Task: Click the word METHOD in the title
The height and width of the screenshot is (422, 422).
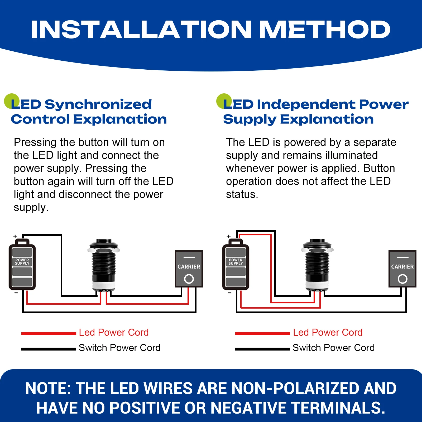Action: [325, 29]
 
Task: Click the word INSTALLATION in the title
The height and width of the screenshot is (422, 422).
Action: [141, 29]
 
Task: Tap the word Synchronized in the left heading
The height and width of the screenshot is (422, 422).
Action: [98, 104]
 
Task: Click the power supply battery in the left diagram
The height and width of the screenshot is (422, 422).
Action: [22, 265]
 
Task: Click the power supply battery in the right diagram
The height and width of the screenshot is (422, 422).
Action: [236, 265]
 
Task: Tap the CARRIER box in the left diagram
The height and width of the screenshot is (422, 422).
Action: [189, 269]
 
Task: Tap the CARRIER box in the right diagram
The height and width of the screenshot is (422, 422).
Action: [402, 269]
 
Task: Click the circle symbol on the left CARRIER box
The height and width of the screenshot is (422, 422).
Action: [189, 279]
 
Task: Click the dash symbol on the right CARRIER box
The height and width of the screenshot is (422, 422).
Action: [402, 257]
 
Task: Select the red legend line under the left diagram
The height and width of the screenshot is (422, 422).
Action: [49, 333]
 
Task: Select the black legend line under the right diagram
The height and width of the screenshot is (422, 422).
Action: [262, 349]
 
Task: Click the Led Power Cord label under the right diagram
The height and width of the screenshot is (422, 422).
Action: [328, 332]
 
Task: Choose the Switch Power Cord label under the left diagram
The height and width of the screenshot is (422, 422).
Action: [119, 348]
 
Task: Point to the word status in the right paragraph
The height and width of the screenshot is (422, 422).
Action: [242, 194]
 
